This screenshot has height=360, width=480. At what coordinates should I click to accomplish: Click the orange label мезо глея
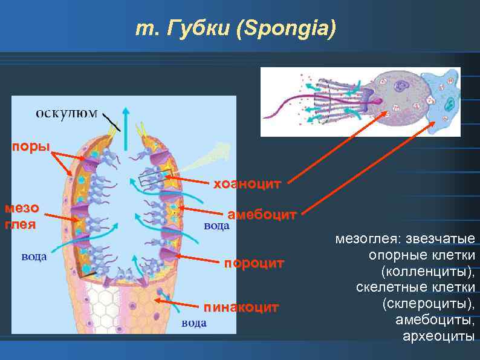21,217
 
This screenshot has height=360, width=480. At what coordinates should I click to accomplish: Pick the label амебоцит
262,215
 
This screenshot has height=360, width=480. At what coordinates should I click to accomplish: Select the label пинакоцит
241,307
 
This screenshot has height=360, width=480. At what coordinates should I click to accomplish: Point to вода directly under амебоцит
216,226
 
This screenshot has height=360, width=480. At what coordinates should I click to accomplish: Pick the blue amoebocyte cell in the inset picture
444,99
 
